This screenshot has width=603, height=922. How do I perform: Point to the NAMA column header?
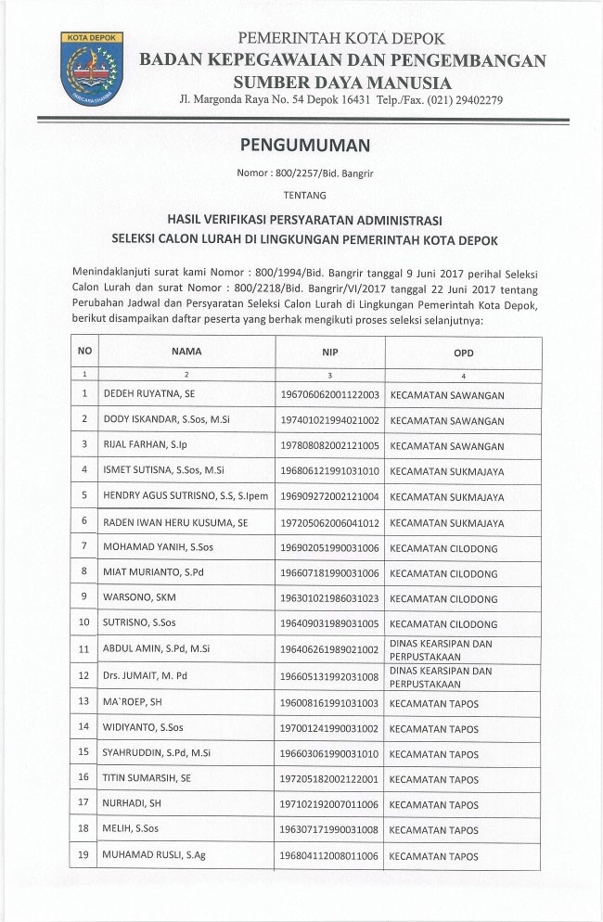point(186,352)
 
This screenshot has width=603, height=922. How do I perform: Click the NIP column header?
point(329,352)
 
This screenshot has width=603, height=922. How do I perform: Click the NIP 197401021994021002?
point(330,420)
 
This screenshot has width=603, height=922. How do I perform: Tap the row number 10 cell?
point(84,622)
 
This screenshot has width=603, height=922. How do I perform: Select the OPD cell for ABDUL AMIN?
point(441,648)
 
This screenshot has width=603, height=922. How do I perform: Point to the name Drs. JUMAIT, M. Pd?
point(148,675)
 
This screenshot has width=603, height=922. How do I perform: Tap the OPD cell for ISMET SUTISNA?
point(446,471)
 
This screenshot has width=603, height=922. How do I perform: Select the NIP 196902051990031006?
point(330,548)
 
